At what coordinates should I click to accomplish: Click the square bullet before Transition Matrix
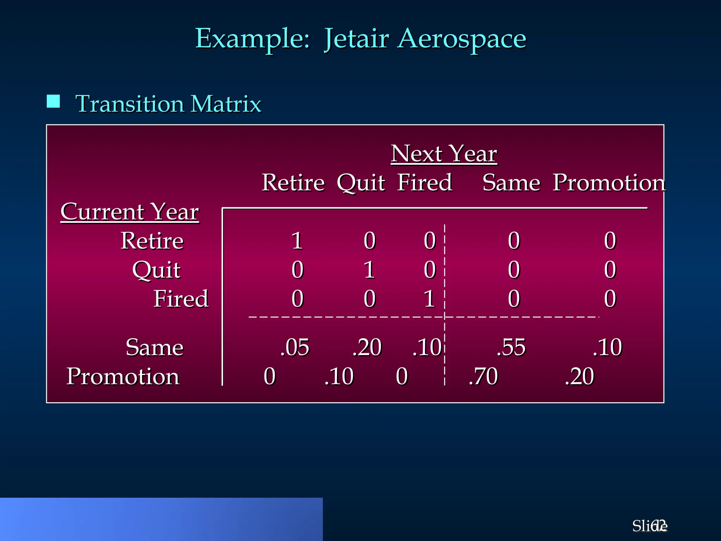pos(53,101)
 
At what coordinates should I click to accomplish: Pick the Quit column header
pos(361,183)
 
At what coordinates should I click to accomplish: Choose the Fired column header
pos(425,182)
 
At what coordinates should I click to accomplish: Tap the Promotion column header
pos(609,182)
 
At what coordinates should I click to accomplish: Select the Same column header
pos(511,183)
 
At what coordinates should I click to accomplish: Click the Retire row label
pos(152,241)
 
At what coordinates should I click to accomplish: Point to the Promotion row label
pos(123,376)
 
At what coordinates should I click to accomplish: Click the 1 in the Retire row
pos(297,241)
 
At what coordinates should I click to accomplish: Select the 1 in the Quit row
pos(369,270)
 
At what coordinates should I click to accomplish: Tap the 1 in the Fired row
pos(430,299)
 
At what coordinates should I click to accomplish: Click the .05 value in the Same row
pos(295,347)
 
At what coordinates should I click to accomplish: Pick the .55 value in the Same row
pos(511,347)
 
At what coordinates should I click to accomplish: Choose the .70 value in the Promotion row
pos(483,376)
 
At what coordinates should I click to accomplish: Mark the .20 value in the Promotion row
pos(579,376)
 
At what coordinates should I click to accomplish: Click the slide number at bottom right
pos(650,526)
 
